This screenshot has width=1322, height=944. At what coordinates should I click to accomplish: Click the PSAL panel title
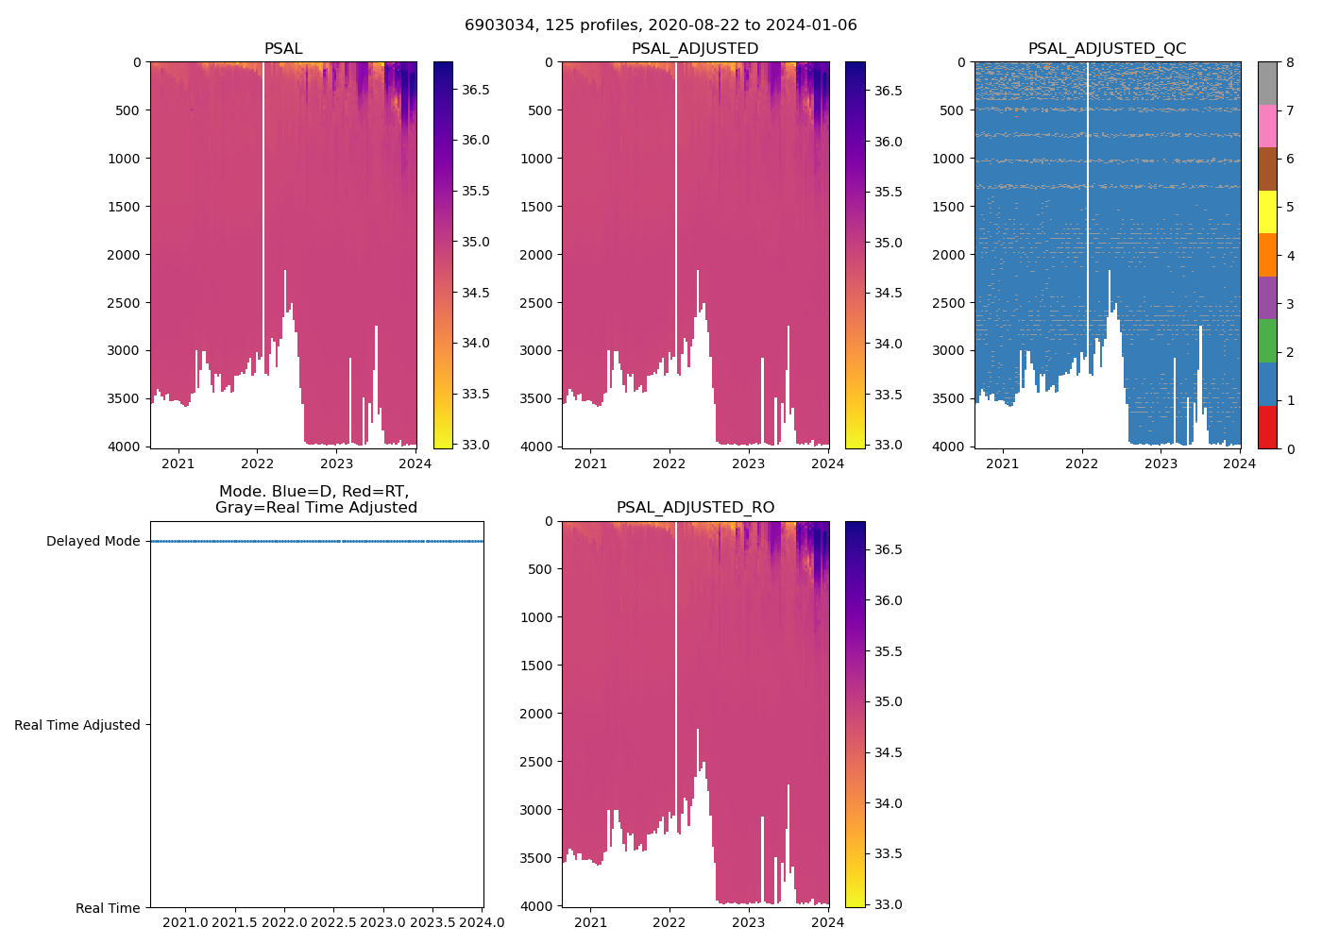click(x=283, y=48)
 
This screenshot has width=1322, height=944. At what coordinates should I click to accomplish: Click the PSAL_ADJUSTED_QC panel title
click(x=1107, y=48)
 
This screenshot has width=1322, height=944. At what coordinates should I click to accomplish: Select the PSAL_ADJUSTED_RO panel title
click(x=695, y=507)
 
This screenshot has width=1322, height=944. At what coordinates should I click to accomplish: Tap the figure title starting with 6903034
click(x=660, y=25)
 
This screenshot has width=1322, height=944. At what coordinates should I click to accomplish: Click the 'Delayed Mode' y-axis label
click(x=93, y=541)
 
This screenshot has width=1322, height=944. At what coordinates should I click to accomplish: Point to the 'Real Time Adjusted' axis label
click(x=77, y=725)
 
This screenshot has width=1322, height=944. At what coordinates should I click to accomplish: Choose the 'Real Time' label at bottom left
click(x=108, y=908)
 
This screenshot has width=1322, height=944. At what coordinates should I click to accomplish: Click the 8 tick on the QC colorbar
click(x=1290, y=62)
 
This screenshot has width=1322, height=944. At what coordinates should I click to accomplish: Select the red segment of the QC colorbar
click(x=1268, y=427)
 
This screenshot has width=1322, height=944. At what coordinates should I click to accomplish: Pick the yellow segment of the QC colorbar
click(x=1268, y=211)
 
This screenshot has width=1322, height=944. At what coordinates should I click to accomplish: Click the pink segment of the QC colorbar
click(x=1268, y=126)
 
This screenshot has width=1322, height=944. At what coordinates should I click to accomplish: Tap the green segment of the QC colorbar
click(x=1268, y=341)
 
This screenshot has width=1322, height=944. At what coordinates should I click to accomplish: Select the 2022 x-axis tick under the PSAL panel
click(x=257, y=463)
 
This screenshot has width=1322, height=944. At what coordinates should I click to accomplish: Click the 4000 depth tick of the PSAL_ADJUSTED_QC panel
click(x=952, y=446)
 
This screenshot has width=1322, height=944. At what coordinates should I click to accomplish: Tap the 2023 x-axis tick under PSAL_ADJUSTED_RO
click(x=749, y=922)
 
